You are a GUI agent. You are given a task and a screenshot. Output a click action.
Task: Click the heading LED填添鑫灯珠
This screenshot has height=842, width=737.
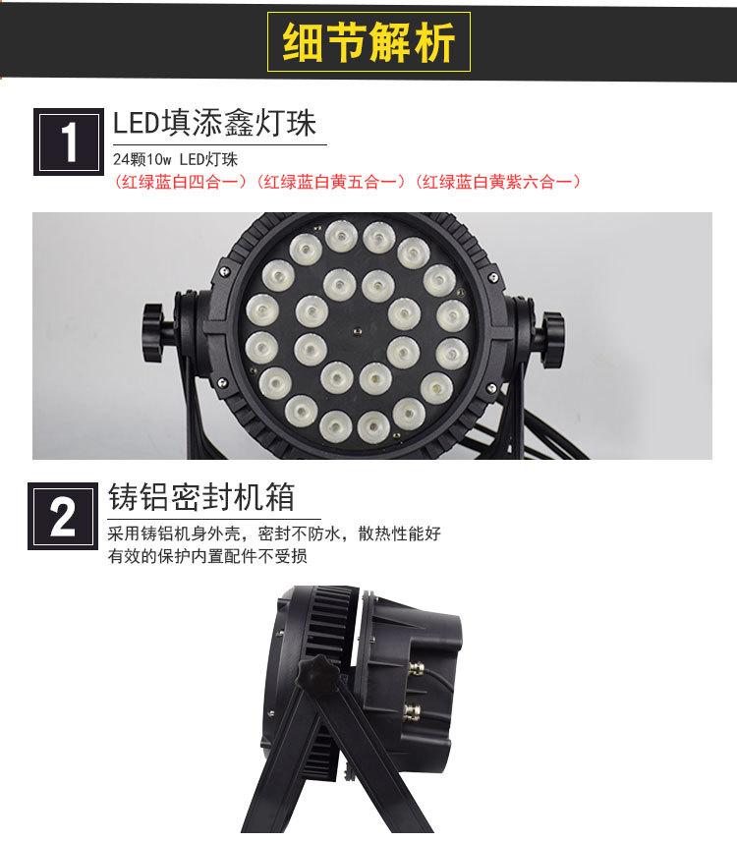point(219,125)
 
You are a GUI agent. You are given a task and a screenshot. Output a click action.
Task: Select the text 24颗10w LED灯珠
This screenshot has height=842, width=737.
point(176,159)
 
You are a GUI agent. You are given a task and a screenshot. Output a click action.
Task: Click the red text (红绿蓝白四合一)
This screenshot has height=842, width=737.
point(182,181)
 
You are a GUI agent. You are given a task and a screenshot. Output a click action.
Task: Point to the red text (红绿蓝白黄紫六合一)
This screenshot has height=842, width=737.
point(498,181)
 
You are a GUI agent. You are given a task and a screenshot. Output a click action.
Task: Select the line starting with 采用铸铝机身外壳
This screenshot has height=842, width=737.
point(275,534)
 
